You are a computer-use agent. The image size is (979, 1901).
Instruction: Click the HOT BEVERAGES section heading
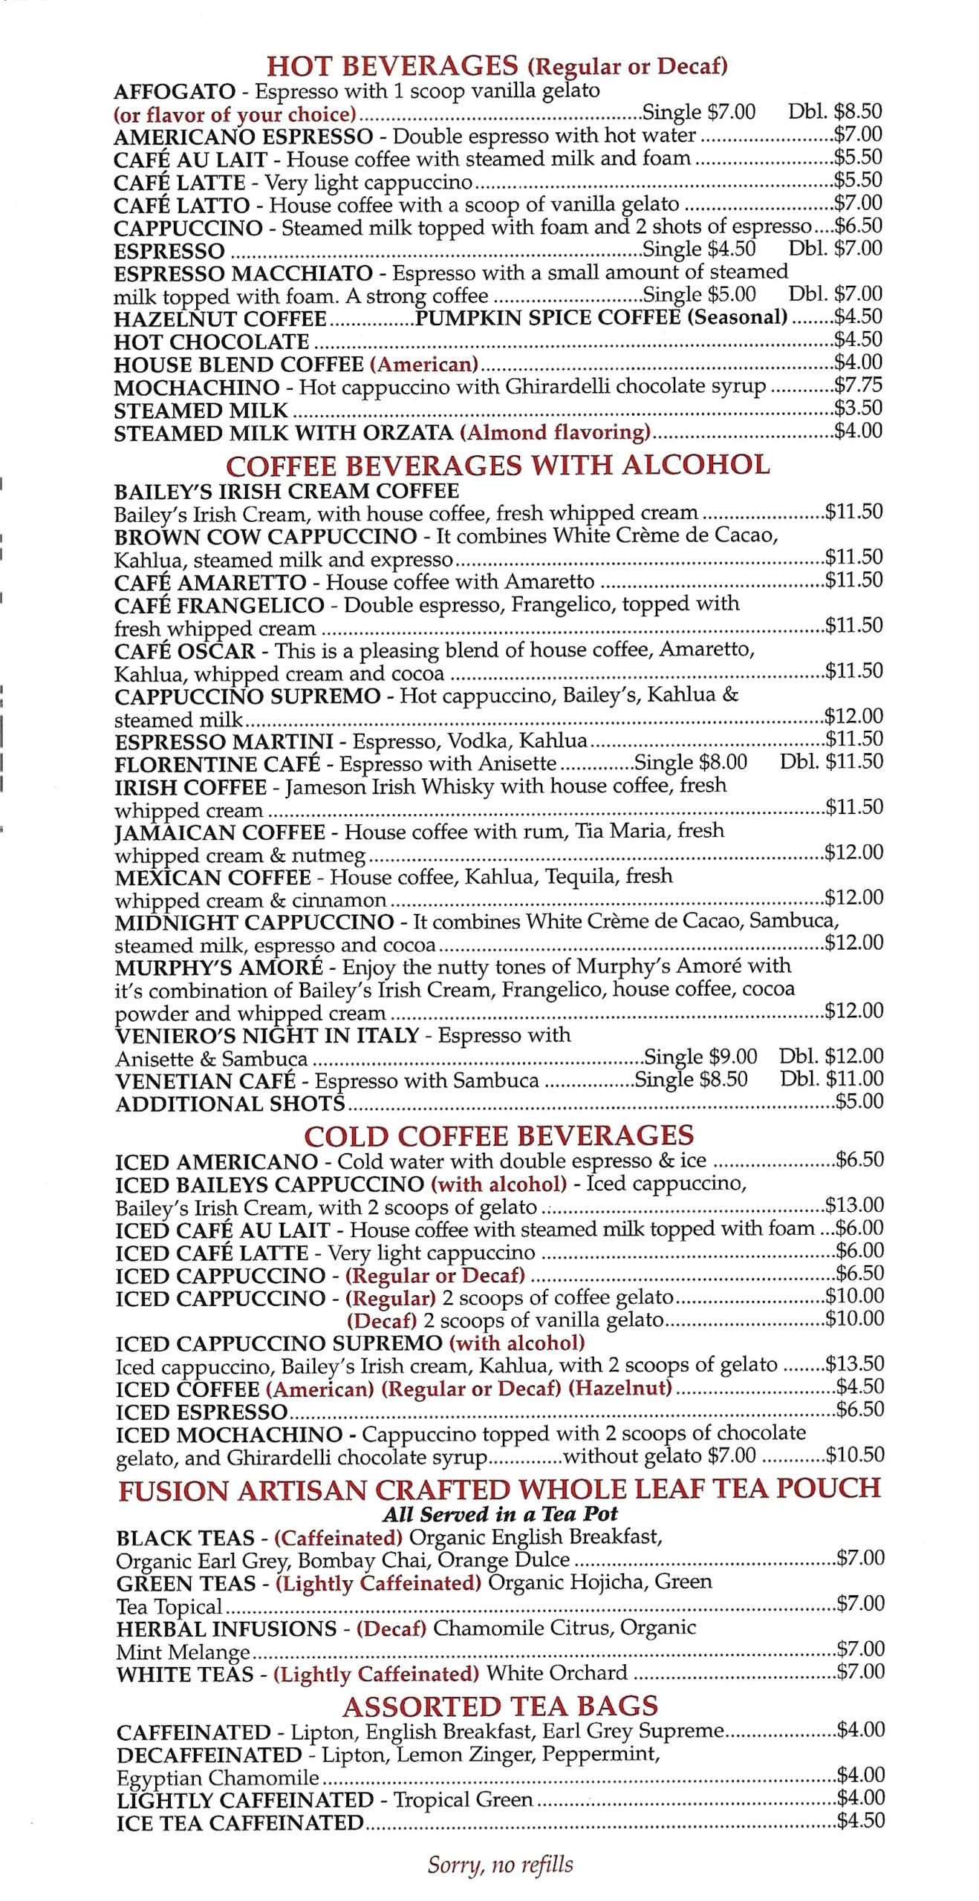[x=391, y=65]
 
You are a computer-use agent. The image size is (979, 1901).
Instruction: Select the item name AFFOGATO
[x=175, y=91]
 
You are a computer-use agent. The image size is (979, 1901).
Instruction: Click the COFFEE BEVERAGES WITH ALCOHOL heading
[x=498, y=466]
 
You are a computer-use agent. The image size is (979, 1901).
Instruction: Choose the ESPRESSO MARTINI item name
[x=224, y=742]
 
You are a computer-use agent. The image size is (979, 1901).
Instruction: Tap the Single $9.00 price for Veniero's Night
[x=700, y=1057]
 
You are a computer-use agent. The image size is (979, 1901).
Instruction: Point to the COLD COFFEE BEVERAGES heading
[x=498, y=1136]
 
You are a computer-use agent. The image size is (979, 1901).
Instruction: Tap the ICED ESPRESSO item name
[x=201, y=1412]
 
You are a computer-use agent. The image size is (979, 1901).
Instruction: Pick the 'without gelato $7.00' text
[x=659, y=1456]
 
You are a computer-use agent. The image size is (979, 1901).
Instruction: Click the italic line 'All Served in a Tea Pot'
[x=500, y=1514]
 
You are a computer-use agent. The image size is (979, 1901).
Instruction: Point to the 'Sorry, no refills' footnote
[x=500, y=1865]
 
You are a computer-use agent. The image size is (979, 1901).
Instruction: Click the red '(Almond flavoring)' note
[x=555, y=432]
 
